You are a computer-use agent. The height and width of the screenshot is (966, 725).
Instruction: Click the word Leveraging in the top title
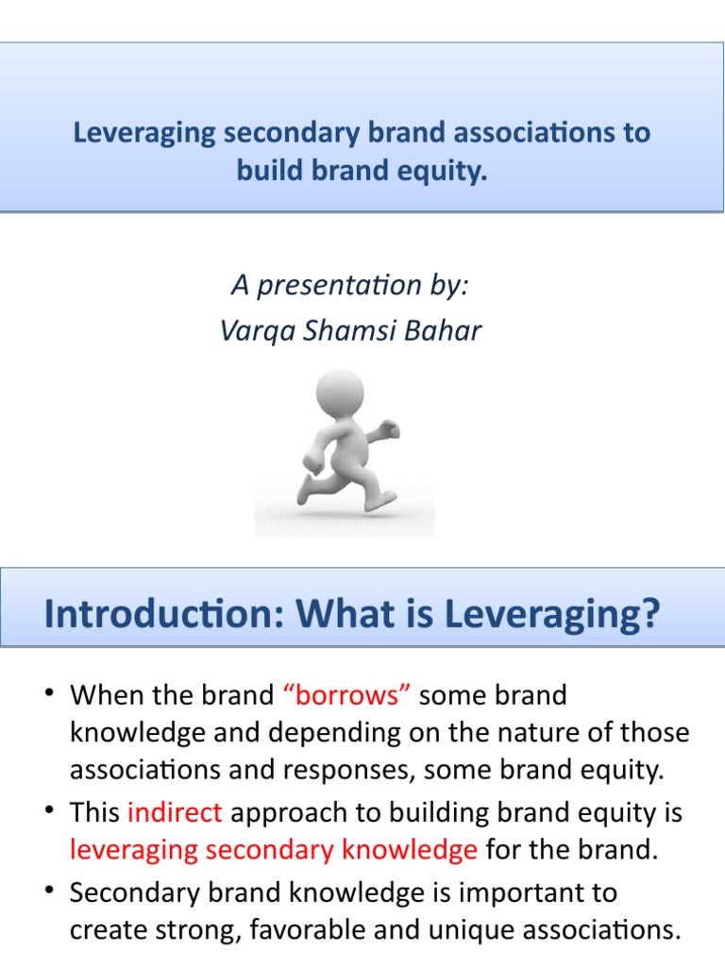coord(144,133)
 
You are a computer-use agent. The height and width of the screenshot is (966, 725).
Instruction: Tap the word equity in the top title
coord(448,173)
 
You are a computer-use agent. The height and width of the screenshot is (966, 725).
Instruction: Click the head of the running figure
coord(339,394)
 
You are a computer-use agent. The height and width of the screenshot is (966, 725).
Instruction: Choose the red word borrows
coord(346,696)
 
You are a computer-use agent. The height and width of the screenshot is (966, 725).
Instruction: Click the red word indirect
coord(174,812)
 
